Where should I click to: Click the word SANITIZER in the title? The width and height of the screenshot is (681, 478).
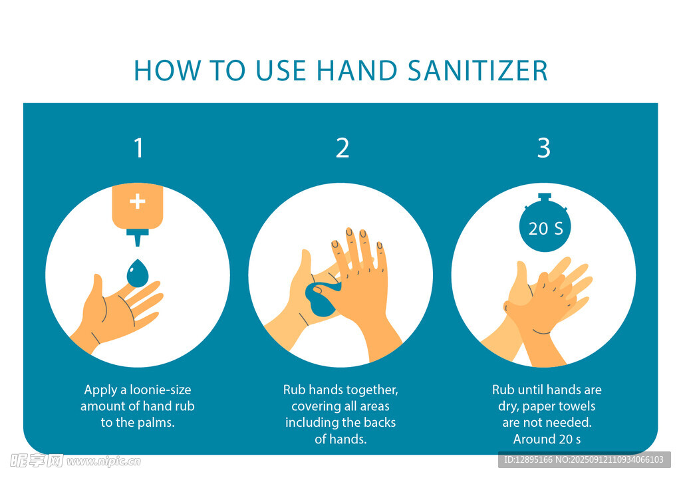(x=477, y=70)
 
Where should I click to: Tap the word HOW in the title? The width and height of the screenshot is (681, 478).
(x=167, y=70)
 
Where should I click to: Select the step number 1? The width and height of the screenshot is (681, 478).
(x=138, y=148)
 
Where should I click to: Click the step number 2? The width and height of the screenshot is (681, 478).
(x=342, y=148)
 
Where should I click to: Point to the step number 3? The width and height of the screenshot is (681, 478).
(x=544, y=148)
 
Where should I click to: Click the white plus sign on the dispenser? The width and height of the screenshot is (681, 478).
(x=137, y=201)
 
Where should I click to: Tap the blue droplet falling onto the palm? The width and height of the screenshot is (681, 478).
(x=138, y=273)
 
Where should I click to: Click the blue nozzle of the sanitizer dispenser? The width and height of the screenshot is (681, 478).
(x=138, y=238)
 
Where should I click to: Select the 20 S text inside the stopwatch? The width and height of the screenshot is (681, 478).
(x=545, y=229)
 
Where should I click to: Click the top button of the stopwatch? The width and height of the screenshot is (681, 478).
(x=545, y=197)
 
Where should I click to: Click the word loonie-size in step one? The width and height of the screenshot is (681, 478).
(x=160, y=390)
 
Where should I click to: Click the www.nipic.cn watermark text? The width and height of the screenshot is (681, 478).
(x=103, y=461)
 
